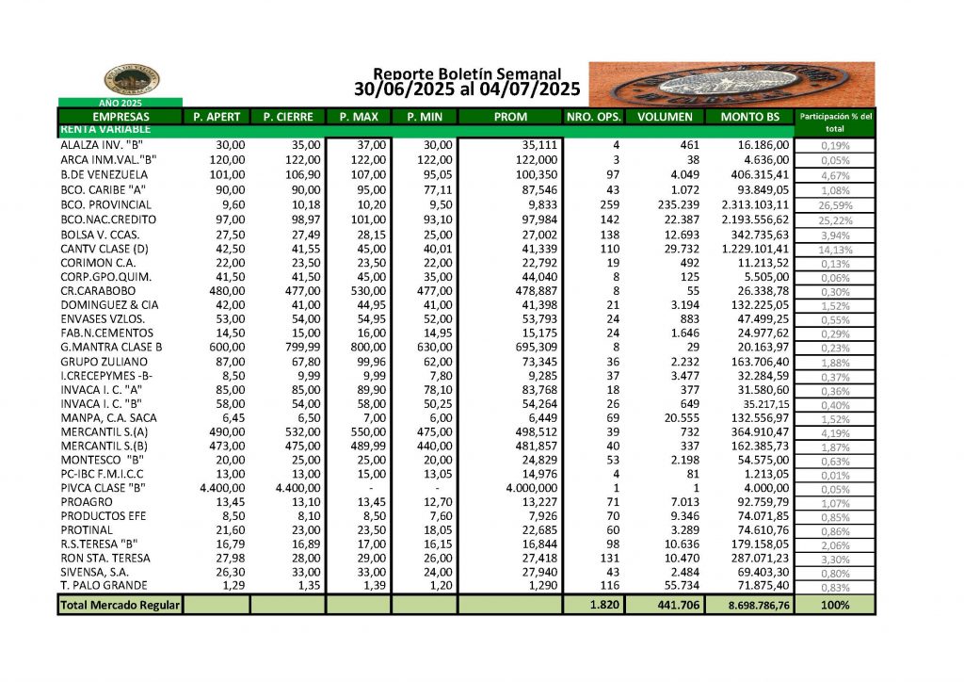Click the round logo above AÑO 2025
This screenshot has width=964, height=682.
point(131,80)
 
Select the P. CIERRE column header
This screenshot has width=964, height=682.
point(287,117)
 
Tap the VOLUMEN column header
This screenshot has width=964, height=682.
point(665,117)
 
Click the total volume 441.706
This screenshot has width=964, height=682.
point(677,605)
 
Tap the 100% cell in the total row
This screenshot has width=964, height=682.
point(834,605)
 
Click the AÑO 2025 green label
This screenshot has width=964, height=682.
point(120,102)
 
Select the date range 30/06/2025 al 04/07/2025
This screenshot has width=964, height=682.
point(467,90)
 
